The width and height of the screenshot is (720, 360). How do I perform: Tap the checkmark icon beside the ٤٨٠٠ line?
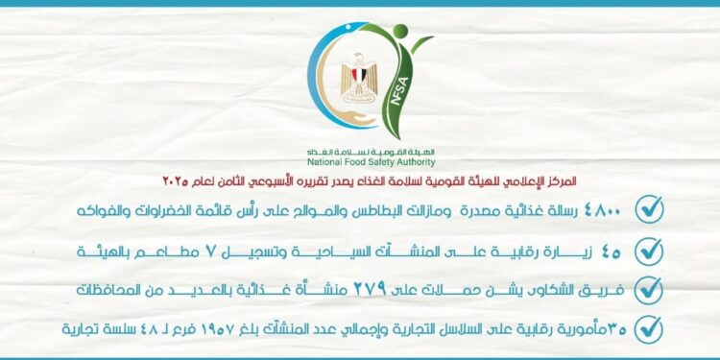[650, 208]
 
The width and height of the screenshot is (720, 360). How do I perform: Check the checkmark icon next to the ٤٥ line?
[650, 249]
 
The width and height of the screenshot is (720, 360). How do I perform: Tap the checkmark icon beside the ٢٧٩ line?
[650, 288]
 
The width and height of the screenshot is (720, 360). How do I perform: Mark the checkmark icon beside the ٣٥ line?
[650, 328]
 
